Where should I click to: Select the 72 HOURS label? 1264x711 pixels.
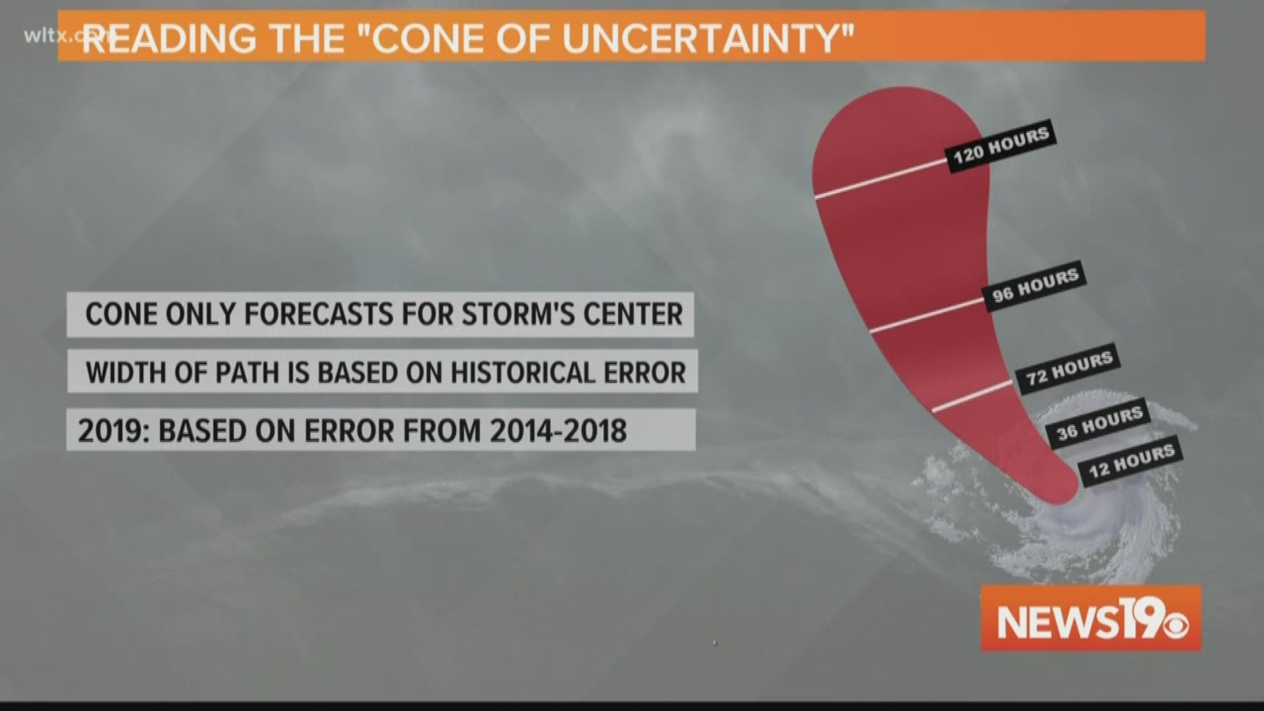pos(1069,369)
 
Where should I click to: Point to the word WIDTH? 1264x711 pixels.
pos(128,373)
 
